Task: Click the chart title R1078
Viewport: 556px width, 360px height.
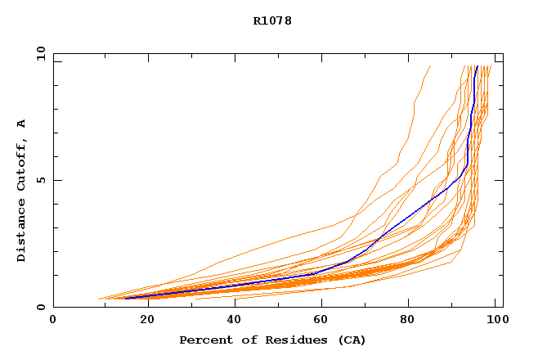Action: coord(272,21)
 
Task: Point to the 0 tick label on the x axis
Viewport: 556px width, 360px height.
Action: coord(53,319)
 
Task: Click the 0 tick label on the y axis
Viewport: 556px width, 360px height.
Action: coord(39,307)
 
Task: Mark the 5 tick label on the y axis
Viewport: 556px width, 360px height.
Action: coord(39,180)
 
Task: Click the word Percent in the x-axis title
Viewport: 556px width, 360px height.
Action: coord(202,340)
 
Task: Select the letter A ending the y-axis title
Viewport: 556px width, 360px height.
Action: coord(22,124)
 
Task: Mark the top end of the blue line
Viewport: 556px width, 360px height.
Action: coord(477,66)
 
